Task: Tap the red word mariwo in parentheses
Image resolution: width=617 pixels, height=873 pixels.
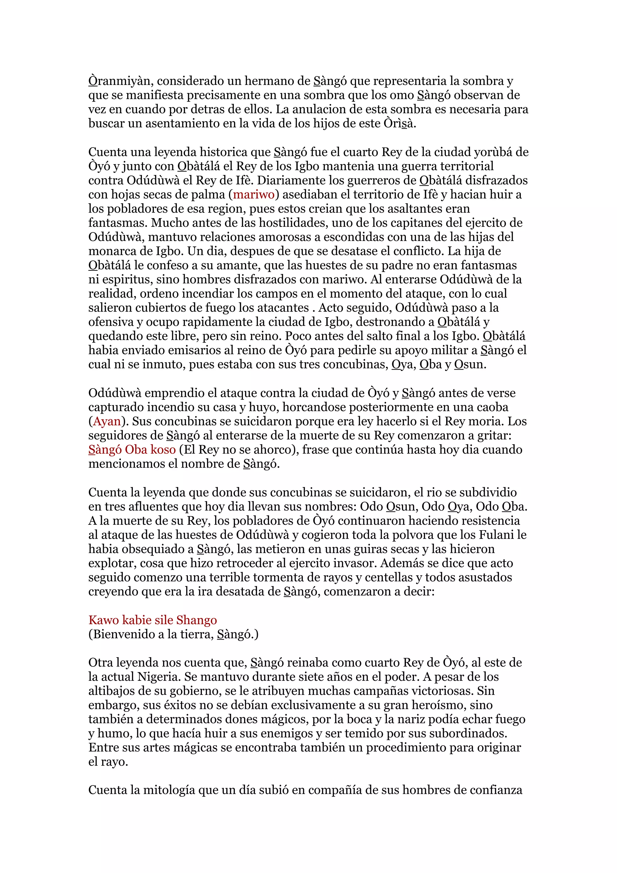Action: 254,195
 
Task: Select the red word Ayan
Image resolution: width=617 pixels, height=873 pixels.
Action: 107,421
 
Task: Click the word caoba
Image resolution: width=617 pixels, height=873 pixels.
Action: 489,407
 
